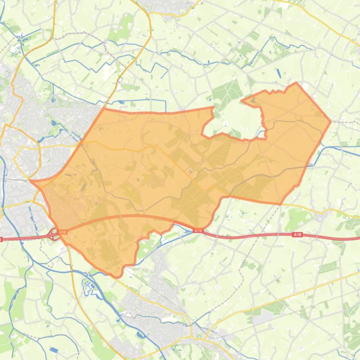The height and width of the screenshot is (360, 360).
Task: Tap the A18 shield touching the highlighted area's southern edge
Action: click(198, 230)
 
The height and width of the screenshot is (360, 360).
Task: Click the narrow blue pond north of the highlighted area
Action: click(279, 73)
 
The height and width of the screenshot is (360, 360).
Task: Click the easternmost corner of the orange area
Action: click(331, 122)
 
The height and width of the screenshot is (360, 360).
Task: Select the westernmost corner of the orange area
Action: click(30, 180)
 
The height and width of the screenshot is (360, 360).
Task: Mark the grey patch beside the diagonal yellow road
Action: click(263, 318)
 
